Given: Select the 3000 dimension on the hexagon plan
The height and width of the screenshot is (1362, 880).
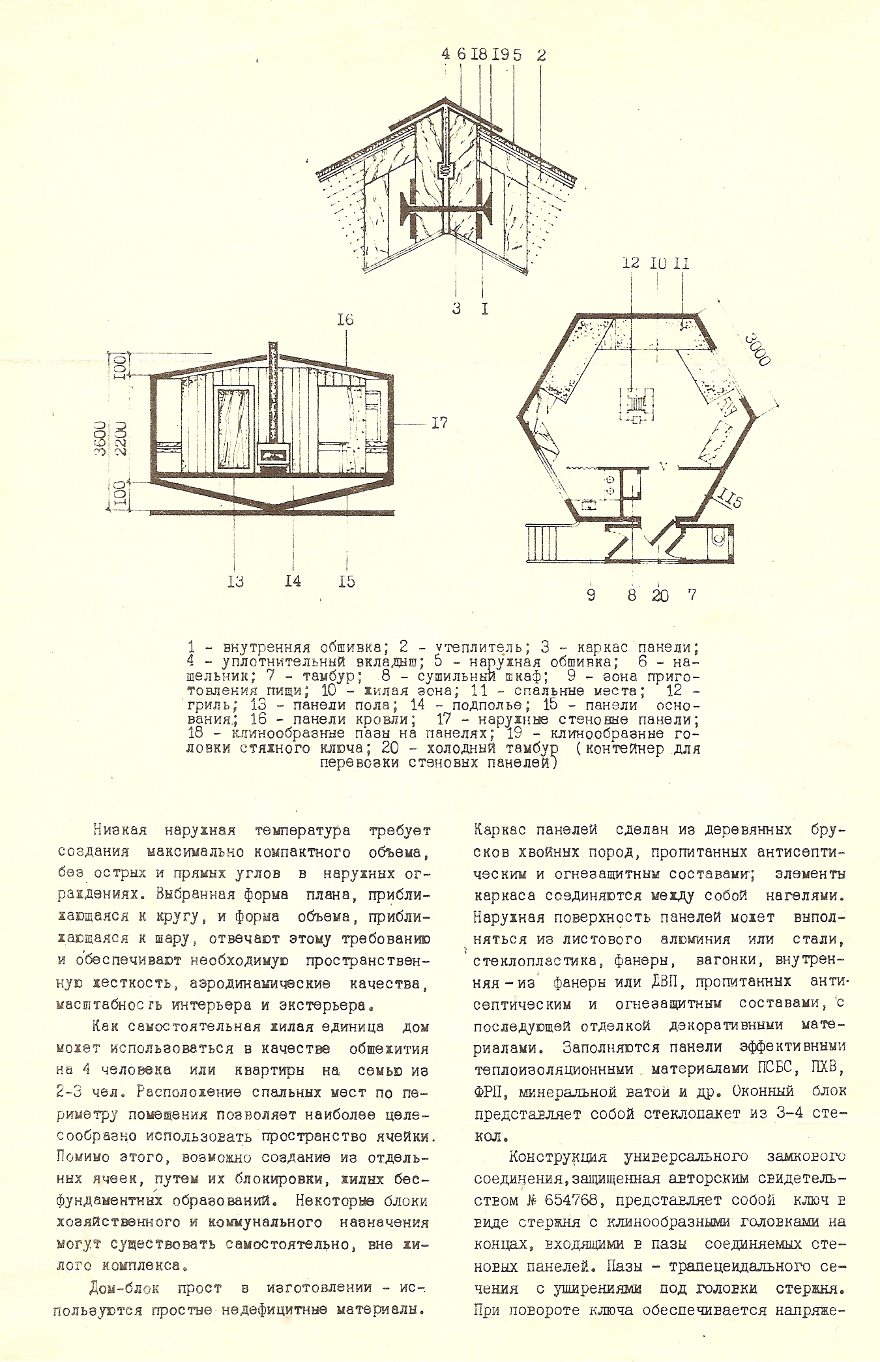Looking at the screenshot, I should tap(758, 350).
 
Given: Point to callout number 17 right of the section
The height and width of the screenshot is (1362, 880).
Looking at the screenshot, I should tap(439, 423).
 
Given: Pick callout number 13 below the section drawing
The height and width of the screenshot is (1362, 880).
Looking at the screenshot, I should tap(235, 581).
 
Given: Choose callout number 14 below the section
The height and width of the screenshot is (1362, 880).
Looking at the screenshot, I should tap(293, 581).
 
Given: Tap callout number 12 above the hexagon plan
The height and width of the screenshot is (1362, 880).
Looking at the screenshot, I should tap(630, 263).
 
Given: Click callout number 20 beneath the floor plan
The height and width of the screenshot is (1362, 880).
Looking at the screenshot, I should tap(660, 595).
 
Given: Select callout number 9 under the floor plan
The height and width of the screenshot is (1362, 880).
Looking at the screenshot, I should tap(591, 595).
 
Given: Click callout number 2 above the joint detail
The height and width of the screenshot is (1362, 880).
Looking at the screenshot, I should tap(540, 55).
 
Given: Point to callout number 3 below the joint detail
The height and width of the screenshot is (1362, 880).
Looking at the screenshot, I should tap(456, 308).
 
